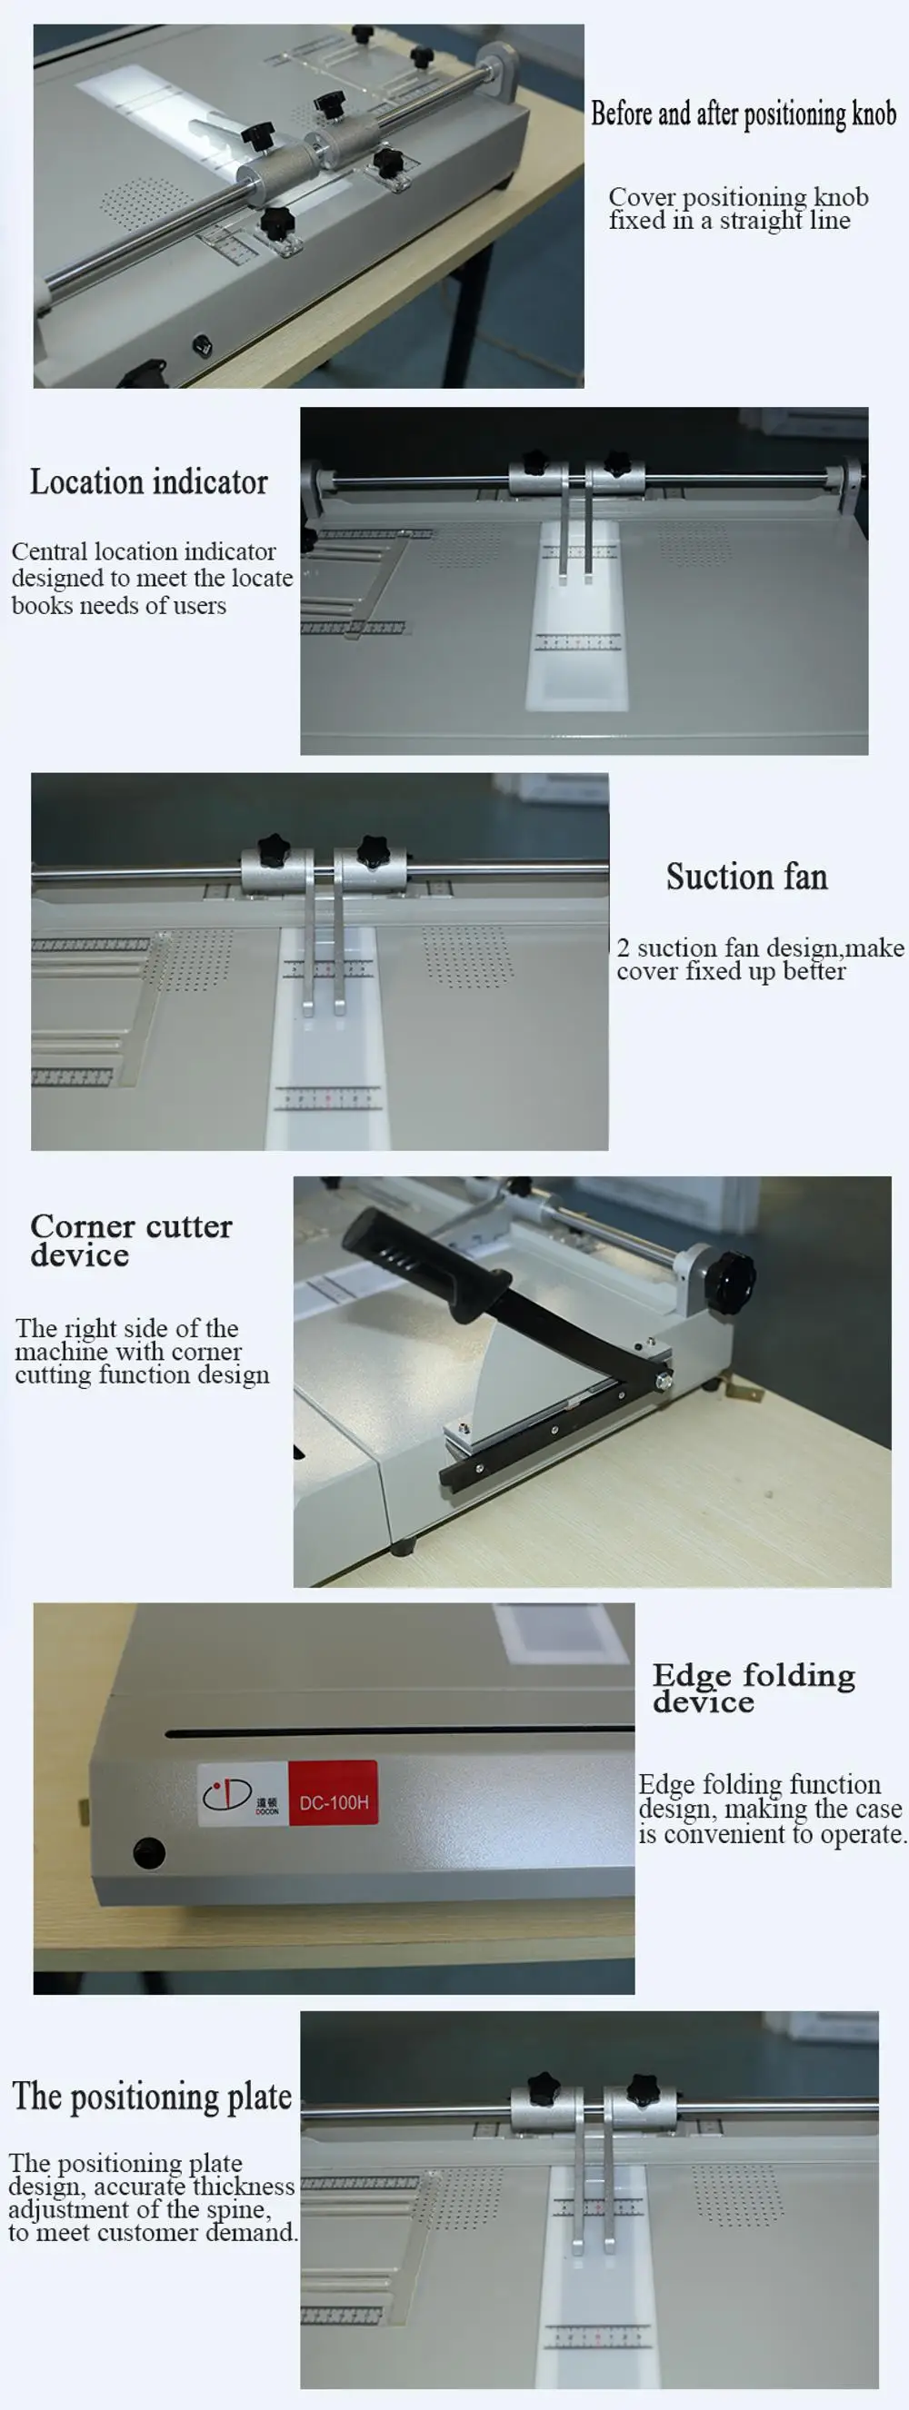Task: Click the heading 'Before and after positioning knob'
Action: point(744,114)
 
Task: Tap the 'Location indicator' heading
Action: point(149,481)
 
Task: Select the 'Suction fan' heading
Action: point(746,877)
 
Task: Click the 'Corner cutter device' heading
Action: point(130,1240)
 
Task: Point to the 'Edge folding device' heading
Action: point(753,1688)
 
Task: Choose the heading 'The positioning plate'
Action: point(152,2097)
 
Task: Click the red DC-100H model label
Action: point(334,1802)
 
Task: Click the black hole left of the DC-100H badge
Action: point(149,1852)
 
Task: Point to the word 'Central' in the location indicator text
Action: point(50,552)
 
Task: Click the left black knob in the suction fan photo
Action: point(275,848)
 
